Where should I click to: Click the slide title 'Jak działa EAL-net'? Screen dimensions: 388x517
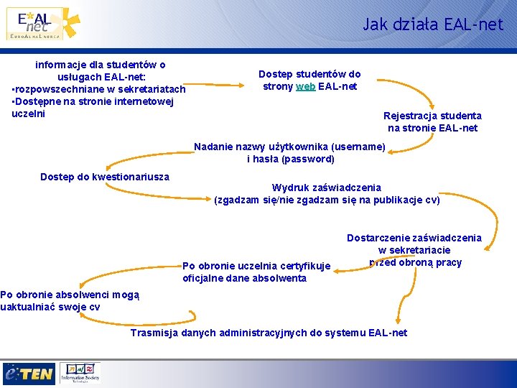pos(433,24)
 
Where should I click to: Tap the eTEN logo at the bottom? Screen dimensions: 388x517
pos(29,374)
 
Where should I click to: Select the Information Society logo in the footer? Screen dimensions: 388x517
pos(80,372)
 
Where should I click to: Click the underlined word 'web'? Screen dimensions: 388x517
pos(305,87)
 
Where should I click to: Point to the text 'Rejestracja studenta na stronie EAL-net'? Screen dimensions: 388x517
pos(432,121)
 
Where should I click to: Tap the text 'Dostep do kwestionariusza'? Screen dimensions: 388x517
pos(105,177)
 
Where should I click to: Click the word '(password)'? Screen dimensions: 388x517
pos(309,159)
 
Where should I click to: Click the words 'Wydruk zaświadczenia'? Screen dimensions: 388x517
pos(327,188)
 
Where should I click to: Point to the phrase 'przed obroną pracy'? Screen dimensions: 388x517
pos(415,262)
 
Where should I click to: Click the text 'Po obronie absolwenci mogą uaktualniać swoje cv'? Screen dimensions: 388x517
pos(70,300)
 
